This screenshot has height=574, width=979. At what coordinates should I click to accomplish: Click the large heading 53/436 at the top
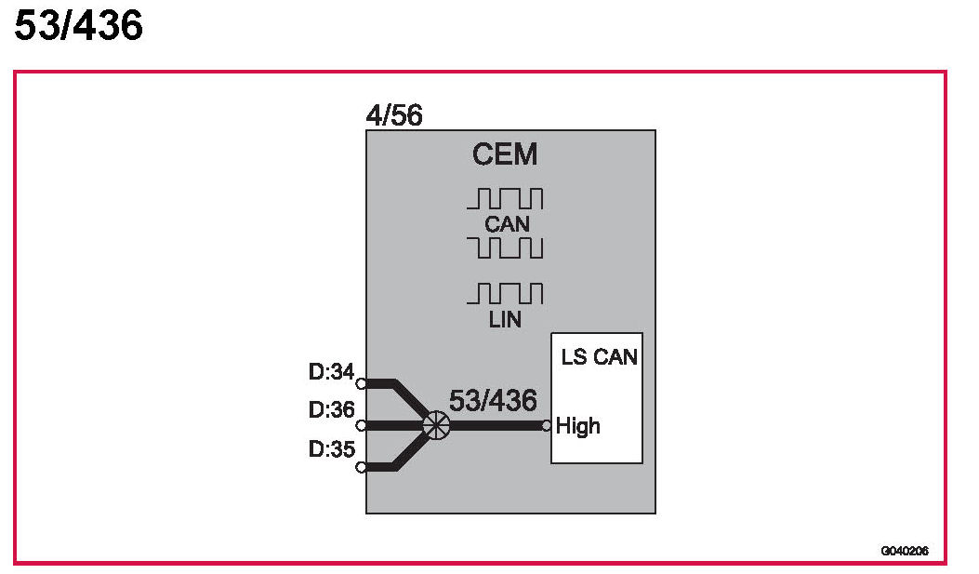(x=79, y=26)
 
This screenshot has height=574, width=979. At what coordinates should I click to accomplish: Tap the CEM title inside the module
(x=505, y=154)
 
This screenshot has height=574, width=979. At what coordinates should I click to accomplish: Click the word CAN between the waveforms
(x=506, y=223)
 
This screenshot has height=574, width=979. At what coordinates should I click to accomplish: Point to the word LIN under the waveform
(x=504, y=319)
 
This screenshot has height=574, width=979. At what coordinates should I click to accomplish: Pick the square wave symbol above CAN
(x=505, y=199)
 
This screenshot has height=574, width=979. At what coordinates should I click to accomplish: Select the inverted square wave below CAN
(x=505, y=247)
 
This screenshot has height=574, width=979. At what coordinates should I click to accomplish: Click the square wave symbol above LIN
(x=504, y=294)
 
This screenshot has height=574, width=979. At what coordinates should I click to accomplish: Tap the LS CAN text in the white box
(x=600, y=356)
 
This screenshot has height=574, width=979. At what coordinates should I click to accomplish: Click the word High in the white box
(x=578, y=427)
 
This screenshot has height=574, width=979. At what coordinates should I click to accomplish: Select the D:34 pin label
(x=332, y=373)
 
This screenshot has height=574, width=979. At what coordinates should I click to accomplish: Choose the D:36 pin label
(x=332, y=409)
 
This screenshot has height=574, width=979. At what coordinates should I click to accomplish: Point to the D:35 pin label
(x=332, y=448)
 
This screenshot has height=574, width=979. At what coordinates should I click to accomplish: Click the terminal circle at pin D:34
(x=361, y=382)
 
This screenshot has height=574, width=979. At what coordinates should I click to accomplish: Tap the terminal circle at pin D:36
(x=361, y=425)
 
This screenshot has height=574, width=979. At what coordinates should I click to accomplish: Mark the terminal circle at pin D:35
(x=361, y=467)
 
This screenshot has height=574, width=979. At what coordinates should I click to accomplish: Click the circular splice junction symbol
(x=435, y=425)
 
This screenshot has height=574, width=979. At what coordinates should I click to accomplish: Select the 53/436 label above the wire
(x=493, y=401)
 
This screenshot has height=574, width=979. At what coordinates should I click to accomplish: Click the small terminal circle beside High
(x=547, y=426)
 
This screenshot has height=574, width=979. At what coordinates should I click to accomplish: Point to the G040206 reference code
(x=905, y=552)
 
